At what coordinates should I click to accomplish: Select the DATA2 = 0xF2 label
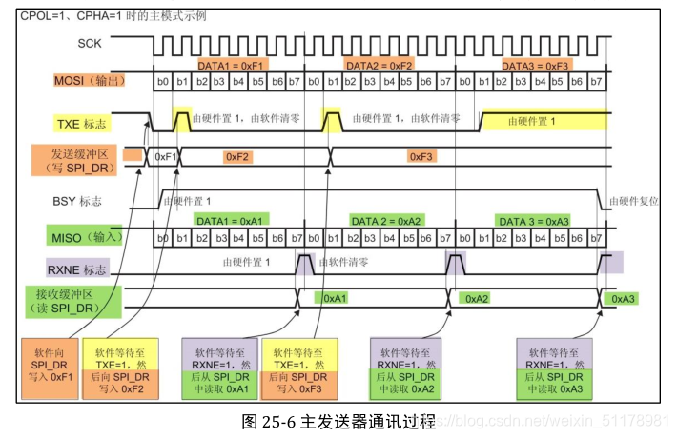coord(380,64)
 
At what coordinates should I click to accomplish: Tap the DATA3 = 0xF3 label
coord(536,64)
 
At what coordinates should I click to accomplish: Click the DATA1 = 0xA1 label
coord(228,220)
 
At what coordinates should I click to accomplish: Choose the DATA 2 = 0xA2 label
coord(387,220)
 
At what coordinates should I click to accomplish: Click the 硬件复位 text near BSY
coord(634,202)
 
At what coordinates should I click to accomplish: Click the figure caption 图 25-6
coord(338,421)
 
